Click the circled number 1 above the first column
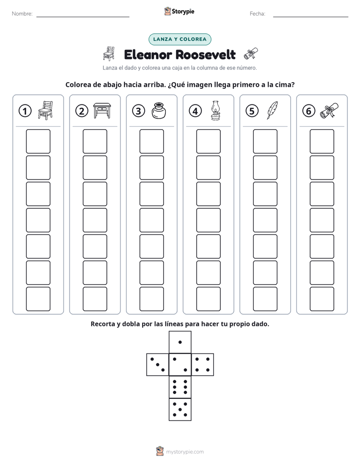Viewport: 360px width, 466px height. click(25, 111)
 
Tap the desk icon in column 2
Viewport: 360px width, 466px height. click(102, 110)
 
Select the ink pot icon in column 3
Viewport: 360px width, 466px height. click(159, 110)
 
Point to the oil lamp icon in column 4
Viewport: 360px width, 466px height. click(215, 110)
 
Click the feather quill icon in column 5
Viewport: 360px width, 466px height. click(272, 110)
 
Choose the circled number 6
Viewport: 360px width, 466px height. click(309, 111)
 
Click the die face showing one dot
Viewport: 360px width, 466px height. click(180, 342)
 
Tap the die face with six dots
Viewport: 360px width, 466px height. click(180, 387)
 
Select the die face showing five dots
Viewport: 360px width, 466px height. click(180, 410)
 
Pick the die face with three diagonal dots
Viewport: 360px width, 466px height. click(158, 365)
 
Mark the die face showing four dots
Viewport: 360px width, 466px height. click(203, 365)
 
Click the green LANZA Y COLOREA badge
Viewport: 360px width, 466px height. click(179, 39)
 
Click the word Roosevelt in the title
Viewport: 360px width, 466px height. click(206, 54)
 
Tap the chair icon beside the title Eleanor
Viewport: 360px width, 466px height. click(109, 53)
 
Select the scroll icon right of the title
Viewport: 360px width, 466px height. click(251, 54)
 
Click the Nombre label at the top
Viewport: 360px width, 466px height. click(22, 14)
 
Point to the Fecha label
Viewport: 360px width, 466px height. click(257, 14)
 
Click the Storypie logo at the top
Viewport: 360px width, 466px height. click(179, 12)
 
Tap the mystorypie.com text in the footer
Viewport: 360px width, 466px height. click(185, 452)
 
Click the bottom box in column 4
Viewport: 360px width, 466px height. click(208, 299)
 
